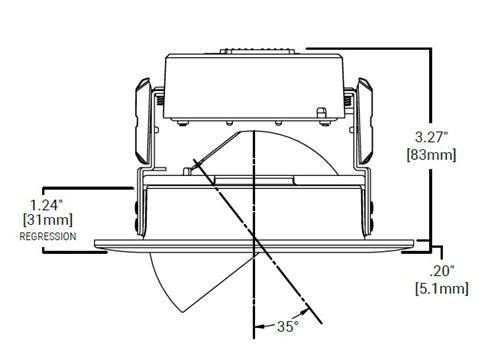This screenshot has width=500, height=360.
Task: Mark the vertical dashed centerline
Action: pos(256,200)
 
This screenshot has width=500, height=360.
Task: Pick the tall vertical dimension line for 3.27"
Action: pos(429,140)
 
